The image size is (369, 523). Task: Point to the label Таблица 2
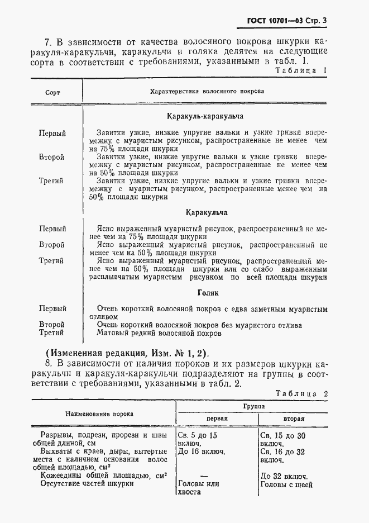pyautogui.click(x=301, y=393)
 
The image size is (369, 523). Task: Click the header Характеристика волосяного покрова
pyautogui.click(x=207, y=91)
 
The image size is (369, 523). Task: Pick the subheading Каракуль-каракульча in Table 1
pyautogui.click(x=205, y=117)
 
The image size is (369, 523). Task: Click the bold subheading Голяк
pyautogui.click(x=208, y=293)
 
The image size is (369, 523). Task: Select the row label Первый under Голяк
pyautogui.click(x=52, y=309)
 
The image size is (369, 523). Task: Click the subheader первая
pyautogui.click(x=217, y=419)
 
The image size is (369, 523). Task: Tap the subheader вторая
pyautogui.click(x=294, y=419)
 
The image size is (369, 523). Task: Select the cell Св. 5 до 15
pyautogui.click(x=196, y=434)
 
